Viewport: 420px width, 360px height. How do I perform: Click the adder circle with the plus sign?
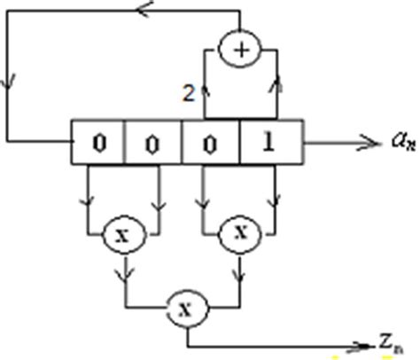click(240, 50)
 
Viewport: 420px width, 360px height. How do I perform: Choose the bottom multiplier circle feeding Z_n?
click(187, 309)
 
